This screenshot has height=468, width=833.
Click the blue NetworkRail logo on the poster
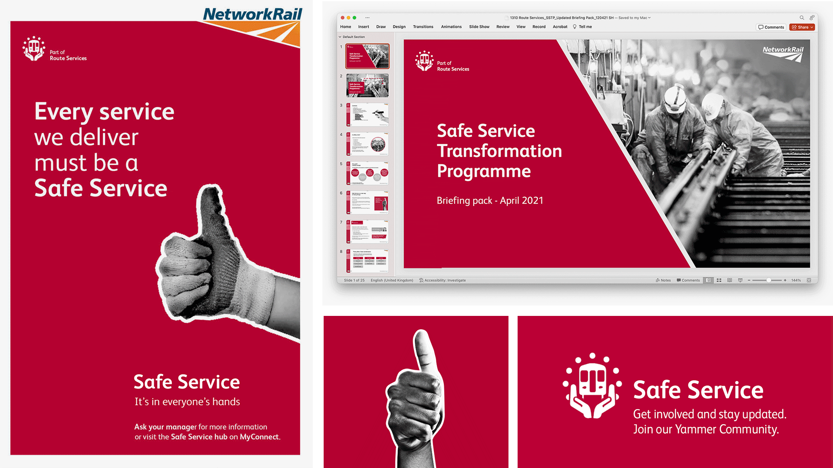(253, 14)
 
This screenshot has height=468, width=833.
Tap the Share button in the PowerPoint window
(802, 27)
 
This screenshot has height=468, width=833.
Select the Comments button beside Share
(771, 27)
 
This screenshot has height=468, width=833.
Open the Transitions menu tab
(423, 27)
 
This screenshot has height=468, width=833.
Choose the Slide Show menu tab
(479, 27)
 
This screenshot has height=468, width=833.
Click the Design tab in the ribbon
(399, 27)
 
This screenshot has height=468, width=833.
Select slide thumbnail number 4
(367, 144)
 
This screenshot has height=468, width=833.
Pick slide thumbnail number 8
(367, 260)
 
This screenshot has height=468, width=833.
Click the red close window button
(342, 18)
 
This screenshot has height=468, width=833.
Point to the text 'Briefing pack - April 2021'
(490, 201)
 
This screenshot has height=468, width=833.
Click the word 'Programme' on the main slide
(484, 171)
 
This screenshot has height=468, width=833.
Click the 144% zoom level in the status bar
(796, 280)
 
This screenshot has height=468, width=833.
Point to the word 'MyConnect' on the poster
(259, 437)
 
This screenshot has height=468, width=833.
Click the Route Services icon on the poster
(34, 49)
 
